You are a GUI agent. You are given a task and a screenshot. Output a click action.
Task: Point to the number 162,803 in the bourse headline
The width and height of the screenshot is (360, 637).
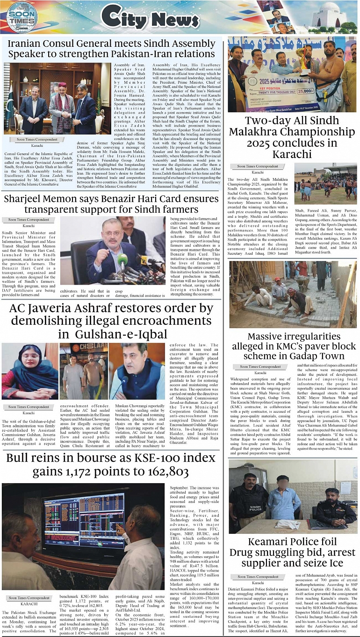tap(163, 472)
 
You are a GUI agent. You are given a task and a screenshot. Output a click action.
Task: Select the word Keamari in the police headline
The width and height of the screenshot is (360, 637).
tap(270, 542)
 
